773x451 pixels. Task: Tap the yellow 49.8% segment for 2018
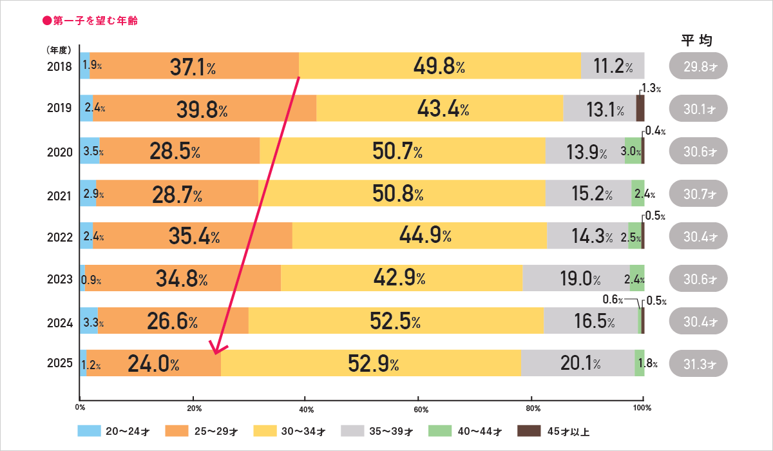click(440, 66)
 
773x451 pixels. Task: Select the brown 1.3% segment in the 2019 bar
click(640, 108)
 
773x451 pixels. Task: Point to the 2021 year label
click(59, 193)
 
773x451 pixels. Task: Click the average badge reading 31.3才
click(698, 363)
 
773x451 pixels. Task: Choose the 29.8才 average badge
click(698, 66)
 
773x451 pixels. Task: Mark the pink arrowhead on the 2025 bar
click(216, 350)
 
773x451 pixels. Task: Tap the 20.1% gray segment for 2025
click(578, 363)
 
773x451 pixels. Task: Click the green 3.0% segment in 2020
click(633, 151)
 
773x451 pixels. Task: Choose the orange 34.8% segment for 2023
click(182, 278)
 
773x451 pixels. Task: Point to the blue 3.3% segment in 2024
click(89, 321)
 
